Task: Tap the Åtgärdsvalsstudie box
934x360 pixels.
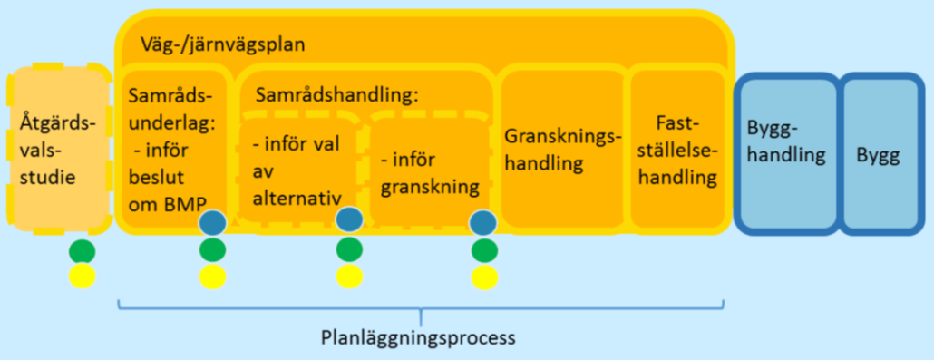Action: (x=59, y=148)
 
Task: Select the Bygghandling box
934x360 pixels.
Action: (x=785, y=153)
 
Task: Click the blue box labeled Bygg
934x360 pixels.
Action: (x=879, y=153)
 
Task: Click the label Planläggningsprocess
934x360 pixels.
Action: (x=418, y=338)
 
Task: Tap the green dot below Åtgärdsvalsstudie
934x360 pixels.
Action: (x=83, y=251)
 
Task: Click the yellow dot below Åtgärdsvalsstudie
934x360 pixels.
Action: (x=83, y=277)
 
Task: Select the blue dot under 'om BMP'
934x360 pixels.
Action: (x=213, y=223)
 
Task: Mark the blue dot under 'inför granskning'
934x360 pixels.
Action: (x=483, y=223)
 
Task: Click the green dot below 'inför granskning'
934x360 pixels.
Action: (x=484, y=251)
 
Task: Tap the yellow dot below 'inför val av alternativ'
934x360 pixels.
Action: (x=350, y=277)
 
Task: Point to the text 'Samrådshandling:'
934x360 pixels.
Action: (x=337, y=96)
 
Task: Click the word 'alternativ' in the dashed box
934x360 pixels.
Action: (x=296, y=199)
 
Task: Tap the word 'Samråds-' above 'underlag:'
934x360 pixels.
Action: (x=170, y=96)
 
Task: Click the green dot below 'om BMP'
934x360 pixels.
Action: (x=213, y=251)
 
